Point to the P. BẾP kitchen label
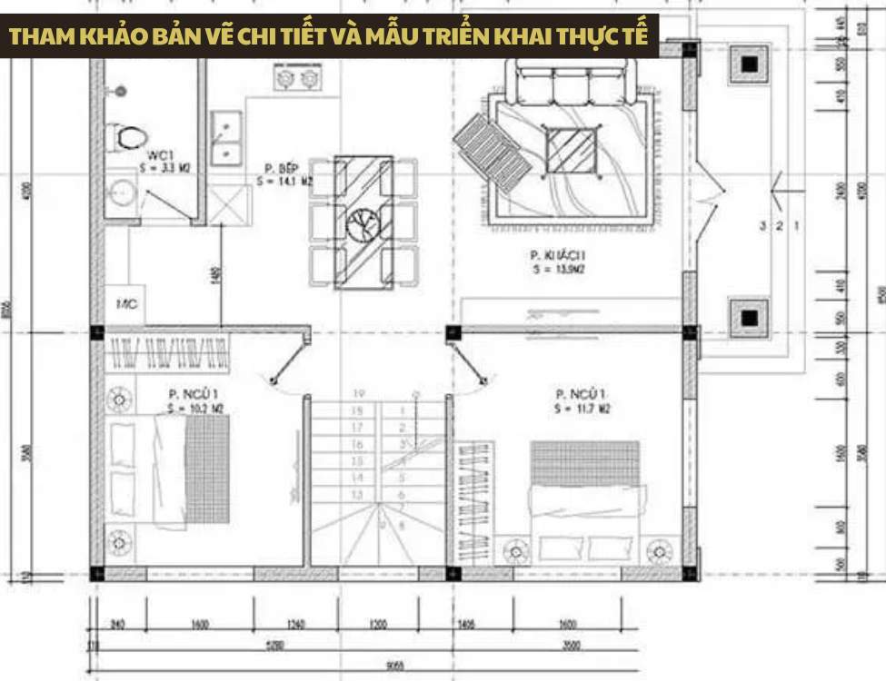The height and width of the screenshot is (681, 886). pyautogui.click(x=276, y=169)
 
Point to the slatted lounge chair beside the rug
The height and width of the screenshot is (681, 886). pyautogui.click(x=491, y=150)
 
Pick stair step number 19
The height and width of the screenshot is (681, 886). pyautogui.click(x=359, y=394)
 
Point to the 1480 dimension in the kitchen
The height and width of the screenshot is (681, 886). pyautogui.click(x=216, y=276)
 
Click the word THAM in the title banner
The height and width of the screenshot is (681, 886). pyautogui.click(x=38, y=37)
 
